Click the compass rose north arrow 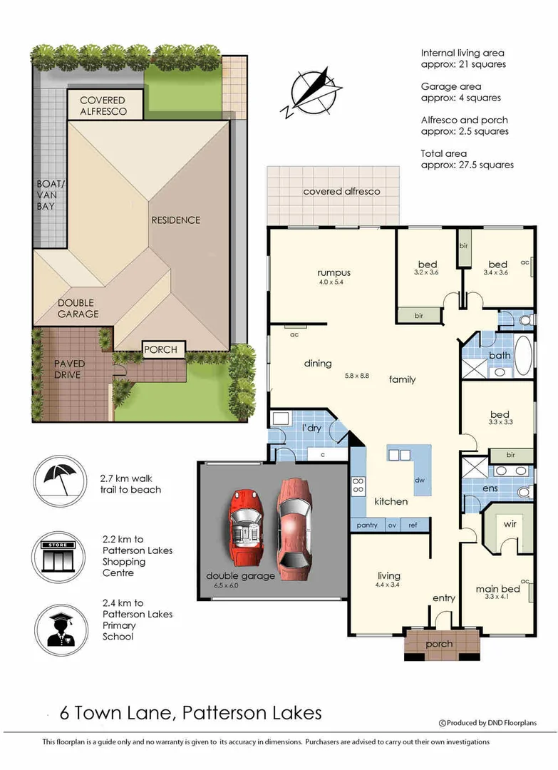point(311,92)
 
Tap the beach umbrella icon point(58,479)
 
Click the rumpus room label point(334,272)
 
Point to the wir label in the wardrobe point(510,525)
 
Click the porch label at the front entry point(439,644)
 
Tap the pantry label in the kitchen point(367,525)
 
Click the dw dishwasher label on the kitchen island point(420,481)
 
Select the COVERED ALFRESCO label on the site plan point(103,106)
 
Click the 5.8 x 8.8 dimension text point(356,376)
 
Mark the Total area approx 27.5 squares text point(467,159)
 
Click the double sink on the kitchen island point(399,455)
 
